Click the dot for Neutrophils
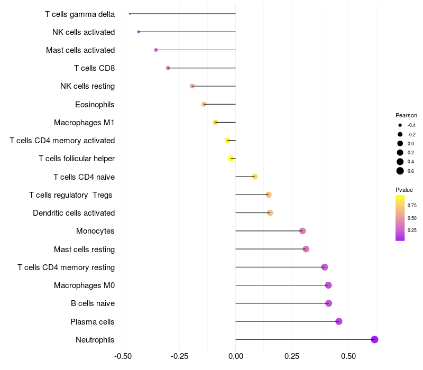374,339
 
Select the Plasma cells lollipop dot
339,321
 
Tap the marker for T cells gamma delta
130,14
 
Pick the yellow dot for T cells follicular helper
231,159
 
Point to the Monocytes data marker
302,231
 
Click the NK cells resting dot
192,86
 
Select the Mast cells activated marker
156,50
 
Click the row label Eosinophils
95,104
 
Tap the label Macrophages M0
84,285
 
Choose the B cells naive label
93,303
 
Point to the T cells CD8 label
94,68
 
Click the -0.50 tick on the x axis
123,357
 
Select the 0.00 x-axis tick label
235,357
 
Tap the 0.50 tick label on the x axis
348,357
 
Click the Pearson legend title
406,115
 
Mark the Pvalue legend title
404,190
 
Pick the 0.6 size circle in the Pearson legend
400,171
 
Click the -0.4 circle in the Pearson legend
400,125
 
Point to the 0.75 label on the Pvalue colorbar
412,205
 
